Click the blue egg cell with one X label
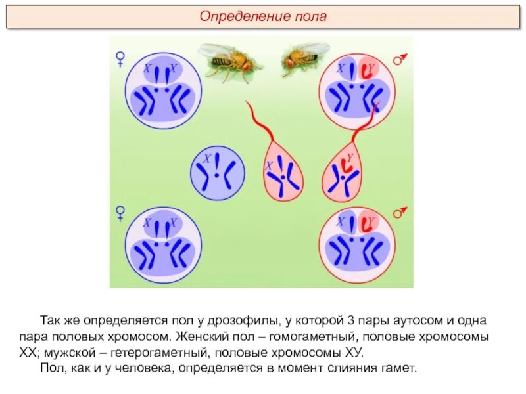(218, 173)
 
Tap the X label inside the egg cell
(206, 158)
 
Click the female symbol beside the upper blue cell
(120, 60)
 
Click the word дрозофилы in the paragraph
(249, 321)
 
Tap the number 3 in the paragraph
(351, 321)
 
